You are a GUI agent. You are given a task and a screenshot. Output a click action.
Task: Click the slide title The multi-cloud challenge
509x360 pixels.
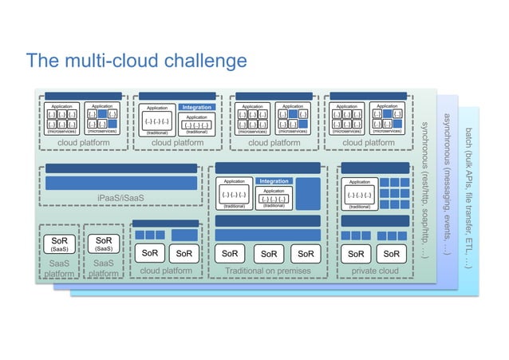[x=136, y=61]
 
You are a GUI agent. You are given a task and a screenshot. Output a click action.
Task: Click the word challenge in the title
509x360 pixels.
[x=204, y=61]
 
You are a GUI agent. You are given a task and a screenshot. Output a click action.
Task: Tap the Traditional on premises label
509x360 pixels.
[x=266, y=271]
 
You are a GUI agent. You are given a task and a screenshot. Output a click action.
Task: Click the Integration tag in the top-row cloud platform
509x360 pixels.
[x=196, y=107]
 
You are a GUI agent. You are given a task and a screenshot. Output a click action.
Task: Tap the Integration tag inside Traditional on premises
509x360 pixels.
[x=274, y=181]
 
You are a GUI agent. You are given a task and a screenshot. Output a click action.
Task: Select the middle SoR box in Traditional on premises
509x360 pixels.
[x=267, y=254]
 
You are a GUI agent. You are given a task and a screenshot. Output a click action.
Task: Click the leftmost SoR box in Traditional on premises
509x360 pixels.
[x=230, y=254]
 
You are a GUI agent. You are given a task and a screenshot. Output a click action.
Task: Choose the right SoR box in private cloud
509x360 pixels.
[x=391, y=254]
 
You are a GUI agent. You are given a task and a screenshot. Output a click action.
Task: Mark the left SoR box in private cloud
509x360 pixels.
[x=356, y=254]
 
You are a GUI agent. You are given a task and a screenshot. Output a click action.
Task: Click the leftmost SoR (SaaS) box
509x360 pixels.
[x=59, y=243]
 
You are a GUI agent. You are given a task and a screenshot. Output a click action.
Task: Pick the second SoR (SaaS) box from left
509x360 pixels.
[x=103, y=243]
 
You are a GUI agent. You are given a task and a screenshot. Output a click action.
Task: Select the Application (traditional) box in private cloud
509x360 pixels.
[x=359, y=194]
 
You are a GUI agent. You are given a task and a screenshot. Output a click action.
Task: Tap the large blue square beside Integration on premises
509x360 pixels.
[x=307, y=194]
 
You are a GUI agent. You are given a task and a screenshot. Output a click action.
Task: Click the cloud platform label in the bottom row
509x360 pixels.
[x=166, y=271]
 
